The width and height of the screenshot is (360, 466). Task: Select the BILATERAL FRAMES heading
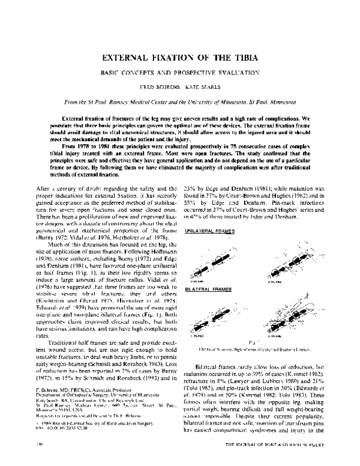(203, 272)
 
